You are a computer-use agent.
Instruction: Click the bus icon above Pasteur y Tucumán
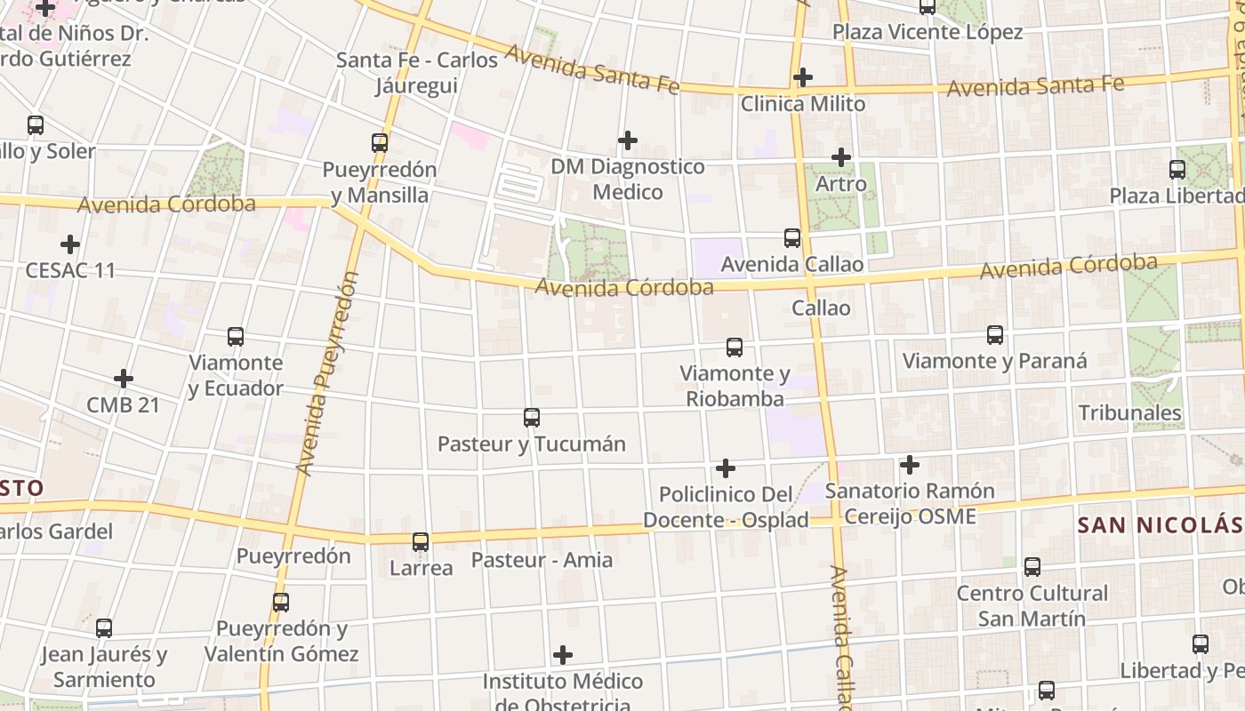[532, 417]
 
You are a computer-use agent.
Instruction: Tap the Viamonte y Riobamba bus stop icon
[735, 348]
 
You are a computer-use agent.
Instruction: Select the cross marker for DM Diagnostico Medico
[628, 140]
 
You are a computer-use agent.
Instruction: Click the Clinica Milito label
[803, 104]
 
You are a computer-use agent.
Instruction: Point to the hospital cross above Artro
[841, 157]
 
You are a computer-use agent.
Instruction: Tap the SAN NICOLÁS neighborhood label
[1160, 524]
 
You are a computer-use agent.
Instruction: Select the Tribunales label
[1129, 412]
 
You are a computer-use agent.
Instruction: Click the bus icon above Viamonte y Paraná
[995, 335]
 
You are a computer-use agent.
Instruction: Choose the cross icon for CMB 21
[124, 379]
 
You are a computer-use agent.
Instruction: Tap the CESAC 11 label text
[70, 270]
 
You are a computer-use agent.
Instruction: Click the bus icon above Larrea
[421, 541]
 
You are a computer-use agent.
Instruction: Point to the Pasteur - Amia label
[542, 560]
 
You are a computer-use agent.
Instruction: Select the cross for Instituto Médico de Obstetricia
[563, 655]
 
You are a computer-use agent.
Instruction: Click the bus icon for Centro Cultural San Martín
[1032, 566]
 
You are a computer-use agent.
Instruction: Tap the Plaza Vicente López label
[928, 32]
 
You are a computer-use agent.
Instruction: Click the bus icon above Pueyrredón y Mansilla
[380, 142]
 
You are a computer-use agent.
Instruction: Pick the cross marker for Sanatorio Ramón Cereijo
[909, 464]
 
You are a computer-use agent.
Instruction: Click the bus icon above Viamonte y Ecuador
[236, 337]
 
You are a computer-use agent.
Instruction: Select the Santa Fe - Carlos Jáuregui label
[416, 72]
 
